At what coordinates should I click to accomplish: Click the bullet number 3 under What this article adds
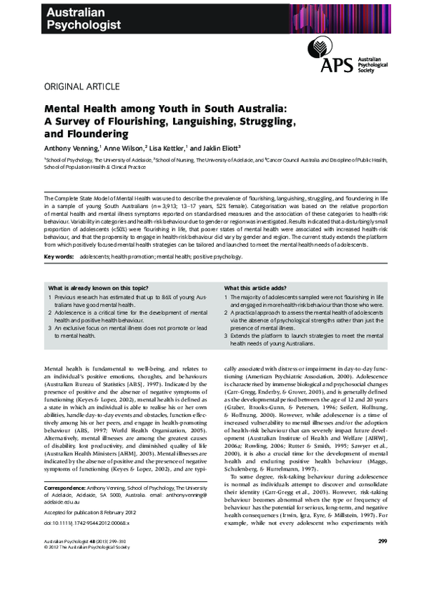(227, 335)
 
